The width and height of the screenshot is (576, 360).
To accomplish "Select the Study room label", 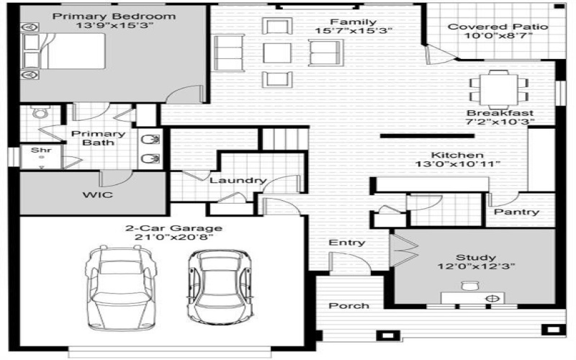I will click(x=475, y=257).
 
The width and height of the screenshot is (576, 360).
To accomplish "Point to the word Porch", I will click(x=349, y=306).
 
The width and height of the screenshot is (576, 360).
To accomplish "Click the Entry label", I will click(x=346, y=243).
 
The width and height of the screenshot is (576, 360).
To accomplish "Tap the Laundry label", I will click(x=238, y=181).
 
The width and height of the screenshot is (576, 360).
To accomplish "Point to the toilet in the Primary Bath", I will click(x=40, y=114).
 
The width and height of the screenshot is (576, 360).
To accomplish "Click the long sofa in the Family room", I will click(x=229, y=53).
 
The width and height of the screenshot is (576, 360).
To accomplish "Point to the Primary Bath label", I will click(x=97, y=138).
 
